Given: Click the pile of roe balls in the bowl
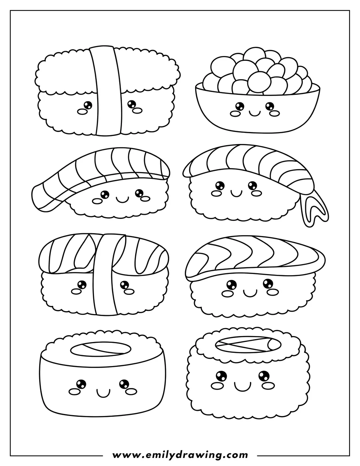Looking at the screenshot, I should click(256, 71).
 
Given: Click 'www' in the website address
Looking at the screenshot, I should click(122, 455).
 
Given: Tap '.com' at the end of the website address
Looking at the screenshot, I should click(236, 455).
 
